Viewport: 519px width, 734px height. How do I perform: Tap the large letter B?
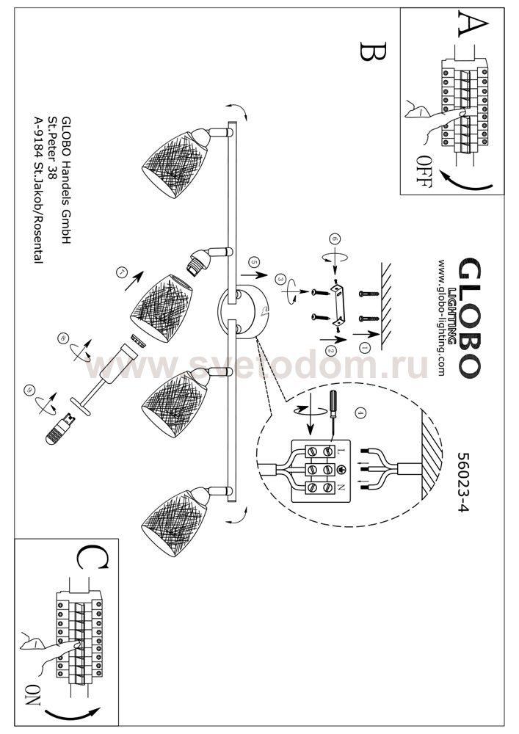[374, 51]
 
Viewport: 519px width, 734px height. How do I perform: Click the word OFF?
[424, 171]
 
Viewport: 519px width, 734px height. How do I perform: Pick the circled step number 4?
[360, 413]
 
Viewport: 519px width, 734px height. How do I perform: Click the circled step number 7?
[123, 272]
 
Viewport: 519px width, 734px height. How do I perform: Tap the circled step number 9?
[31, 389]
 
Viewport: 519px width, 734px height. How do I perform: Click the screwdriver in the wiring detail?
[333, 412]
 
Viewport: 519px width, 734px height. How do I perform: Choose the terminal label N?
[341, 487]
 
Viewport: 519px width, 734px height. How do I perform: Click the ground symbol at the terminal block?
[341, 469]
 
